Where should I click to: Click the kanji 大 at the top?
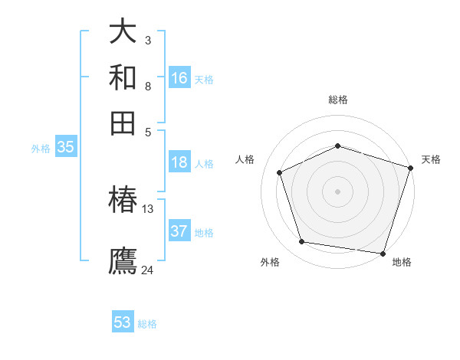point(123,31)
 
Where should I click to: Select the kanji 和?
point(123,77)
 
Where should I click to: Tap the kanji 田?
point(123,123)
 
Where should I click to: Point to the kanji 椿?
point(123,200)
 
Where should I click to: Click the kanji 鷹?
point(123,260)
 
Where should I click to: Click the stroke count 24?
point(148,270)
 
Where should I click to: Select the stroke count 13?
point(148,208)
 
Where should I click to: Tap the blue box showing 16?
point(179,77)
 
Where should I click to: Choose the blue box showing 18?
point(179,162)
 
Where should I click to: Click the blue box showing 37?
point(179,231)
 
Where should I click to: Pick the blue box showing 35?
point(65,148)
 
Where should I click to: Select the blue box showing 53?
point(123,322)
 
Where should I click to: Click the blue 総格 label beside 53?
point(147,324)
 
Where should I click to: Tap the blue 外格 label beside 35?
point(41,149)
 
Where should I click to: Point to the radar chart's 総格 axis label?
point(337,100)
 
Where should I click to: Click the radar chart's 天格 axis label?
point(431,159)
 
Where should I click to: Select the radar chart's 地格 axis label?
point(402,262)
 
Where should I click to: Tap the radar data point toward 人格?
point(280,172)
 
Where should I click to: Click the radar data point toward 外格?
point(302,242)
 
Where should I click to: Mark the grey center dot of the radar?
point(337,191)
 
